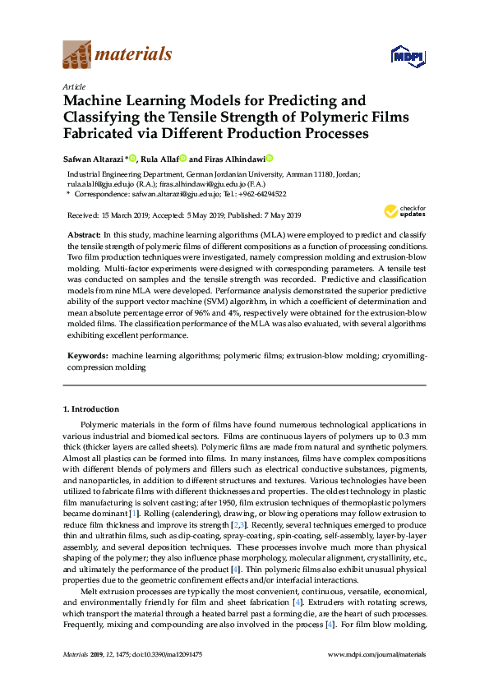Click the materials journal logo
(x=118, y=55)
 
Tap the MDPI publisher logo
(x=407, y=57)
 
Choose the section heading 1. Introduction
(x=91, y=408)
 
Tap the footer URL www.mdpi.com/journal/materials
(x=377, y=654)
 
